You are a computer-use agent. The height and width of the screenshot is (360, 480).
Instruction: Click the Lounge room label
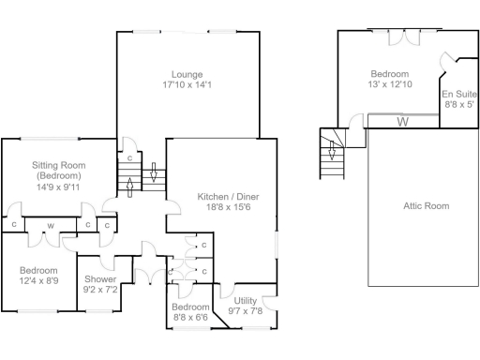click(x=187, y=74)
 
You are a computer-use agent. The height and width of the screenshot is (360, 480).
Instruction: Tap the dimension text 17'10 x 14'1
click(x=187, y=84)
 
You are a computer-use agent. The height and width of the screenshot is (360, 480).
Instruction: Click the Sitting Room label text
click(x=58, y=164)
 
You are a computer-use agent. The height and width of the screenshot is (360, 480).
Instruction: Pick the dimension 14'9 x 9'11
click(x=58, y=186)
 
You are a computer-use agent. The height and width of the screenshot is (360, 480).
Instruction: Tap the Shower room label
click(x=100, y=279)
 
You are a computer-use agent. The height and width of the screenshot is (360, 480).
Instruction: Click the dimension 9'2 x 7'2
click(x=100, y=290)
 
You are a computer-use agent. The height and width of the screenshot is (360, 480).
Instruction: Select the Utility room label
click(x=246, y=300)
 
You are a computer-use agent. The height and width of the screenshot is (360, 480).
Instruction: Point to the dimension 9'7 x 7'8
click(x=246, y=310)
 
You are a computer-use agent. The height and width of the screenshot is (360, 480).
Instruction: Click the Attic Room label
click(x=426, y=205)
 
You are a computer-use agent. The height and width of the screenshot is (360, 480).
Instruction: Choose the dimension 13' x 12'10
click(x=389, y=84)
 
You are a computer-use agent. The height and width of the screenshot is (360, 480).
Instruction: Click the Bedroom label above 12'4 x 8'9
click(x=38, y=270)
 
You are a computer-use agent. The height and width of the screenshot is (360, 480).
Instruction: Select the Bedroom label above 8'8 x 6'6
click(x=191, y=307)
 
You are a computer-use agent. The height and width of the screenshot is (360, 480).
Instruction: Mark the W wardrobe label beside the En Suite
click(x=402, y=121)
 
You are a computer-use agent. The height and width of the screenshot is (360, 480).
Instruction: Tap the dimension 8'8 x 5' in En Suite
click(x=459, y=106)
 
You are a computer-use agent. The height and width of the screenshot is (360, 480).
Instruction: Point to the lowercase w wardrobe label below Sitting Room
click(x=50, y=225)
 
